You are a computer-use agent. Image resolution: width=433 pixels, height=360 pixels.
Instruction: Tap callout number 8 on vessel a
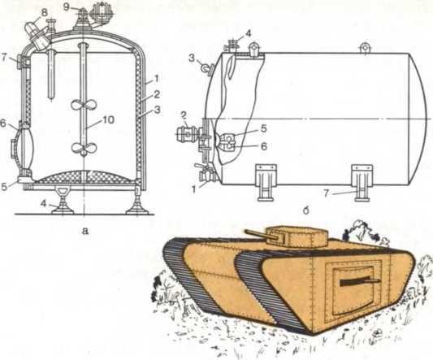pos(44,12)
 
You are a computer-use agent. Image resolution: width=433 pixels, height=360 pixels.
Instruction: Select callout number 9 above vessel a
pos(67,7)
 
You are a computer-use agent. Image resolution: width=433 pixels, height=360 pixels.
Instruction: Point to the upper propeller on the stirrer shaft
pos(84,105)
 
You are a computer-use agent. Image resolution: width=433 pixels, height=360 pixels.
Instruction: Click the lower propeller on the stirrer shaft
pos(84,149)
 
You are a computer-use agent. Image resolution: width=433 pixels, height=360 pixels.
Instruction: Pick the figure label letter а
pos(85,231)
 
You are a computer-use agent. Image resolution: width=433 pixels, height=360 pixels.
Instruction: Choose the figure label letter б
pos(305,210)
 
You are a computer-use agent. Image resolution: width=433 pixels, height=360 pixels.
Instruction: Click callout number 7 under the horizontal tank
pos(327,193)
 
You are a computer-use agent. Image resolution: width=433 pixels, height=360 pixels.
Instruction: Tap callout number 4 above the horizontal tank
pos(248,34)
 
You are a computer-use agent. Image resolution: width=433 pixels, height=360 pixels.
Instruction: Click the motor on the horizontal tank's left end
pos(187,135)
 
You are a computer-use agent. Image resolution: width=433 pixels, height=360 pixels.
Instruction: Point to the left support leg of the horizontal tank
pos(265,183)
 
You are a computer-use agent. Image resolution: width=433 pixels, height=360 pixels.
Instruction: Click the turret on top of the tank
pos(297,236)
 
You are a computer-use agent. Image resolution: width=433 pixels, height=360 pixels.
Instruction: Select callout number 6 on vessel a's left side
pos(3,124)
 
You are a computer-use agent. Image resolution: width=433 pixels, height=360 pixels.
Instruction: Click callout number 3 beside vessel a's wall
pos(157,110)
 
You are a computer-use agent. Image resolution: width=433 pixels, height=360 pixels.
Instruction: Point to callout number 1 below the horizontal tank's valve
pos(195,190)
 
